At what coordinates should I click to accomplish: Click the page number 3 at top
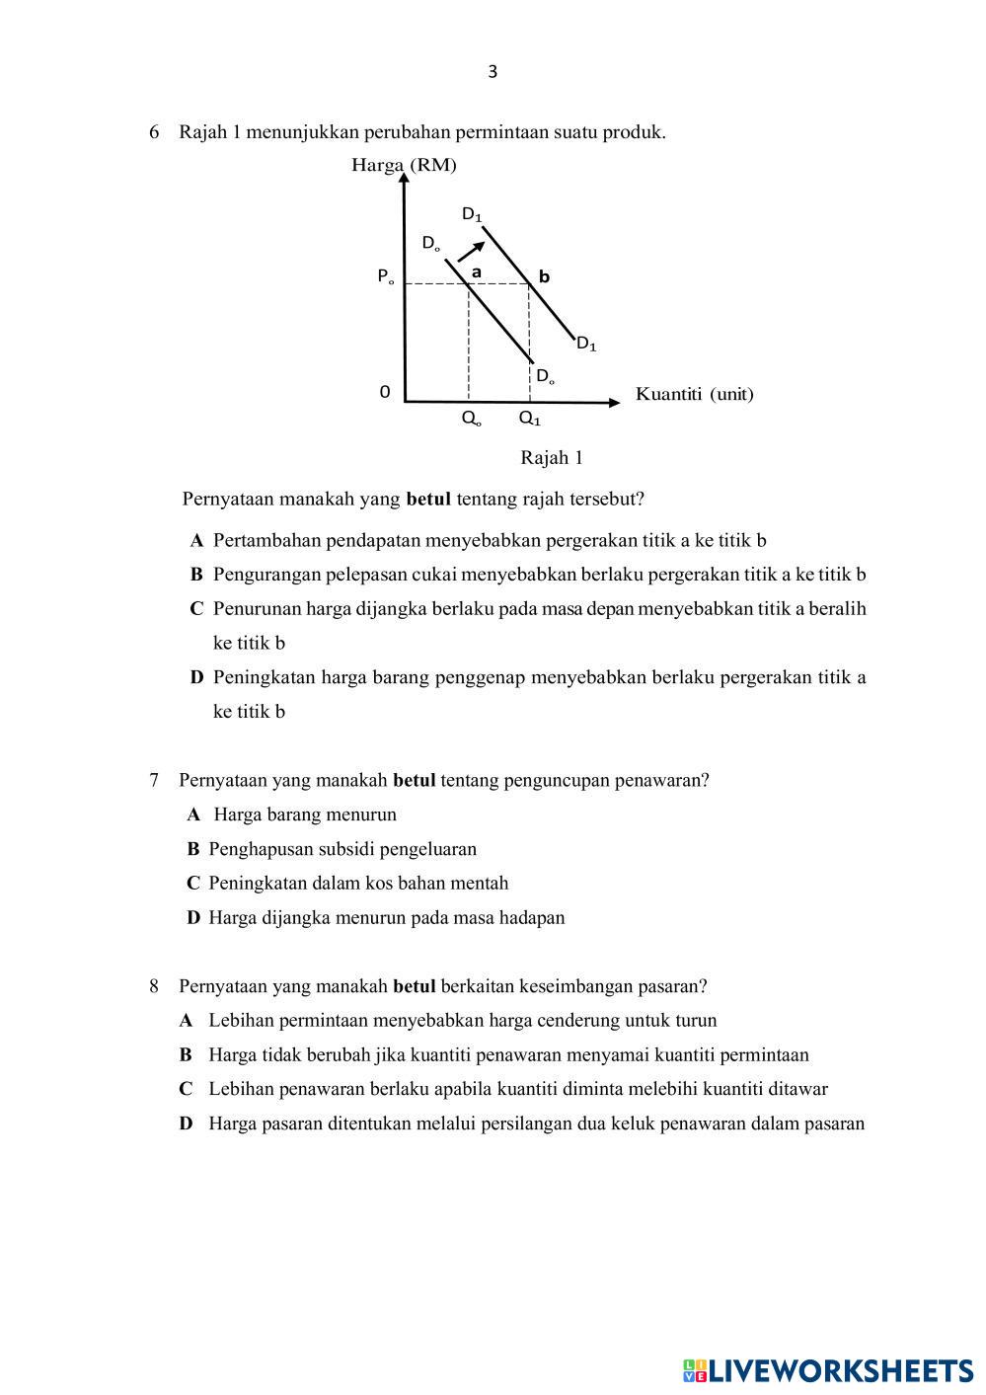pyautogui.click(x=493, y=72)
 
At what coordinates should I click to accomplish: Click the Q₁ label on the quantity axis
pyautogui.click(x=530, y=419)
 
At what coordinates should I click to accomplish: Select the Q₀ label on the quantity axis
pyautogui.click(x=472, y=419)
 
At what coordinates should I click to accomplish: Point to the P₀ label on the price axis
pyautogui.click(x=385, y=277)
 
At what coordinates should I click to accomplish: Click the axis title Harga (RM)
pyautogui.click(x=404, y=165)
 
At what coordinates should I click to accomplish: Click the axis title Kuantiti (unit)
pyautogui.click(x=694, y=394)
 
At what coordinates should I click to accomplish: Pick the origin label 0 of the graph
pyautogui.click(x=385, y=392)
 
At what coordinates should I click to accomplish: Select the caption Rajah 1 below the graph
pyautogui.click(x=552, y=457)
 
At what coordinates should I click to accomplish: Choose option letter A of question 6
pyautogui.click(x=197, y=540)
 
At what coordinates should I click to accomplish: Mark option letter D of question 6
pyautogui.click(x=196, y=677)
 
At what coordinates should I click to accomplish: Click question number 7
pyautogui.click(x=154, y=780)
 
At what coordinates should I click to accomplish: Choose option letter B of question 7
pyautogui.click(x=193, y=849)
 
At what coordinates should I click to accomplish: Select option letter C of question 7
pyautogui.click(x=193, y=884)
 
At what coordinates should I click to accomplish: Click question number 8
pyautogui.click(x=154, y=985)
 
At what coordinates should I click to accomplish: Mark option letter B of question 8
pyautogui.click(x=186, y=1054)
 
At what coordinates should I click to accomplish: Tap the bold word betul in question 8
pyautogui.click(x=414, y=985)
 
